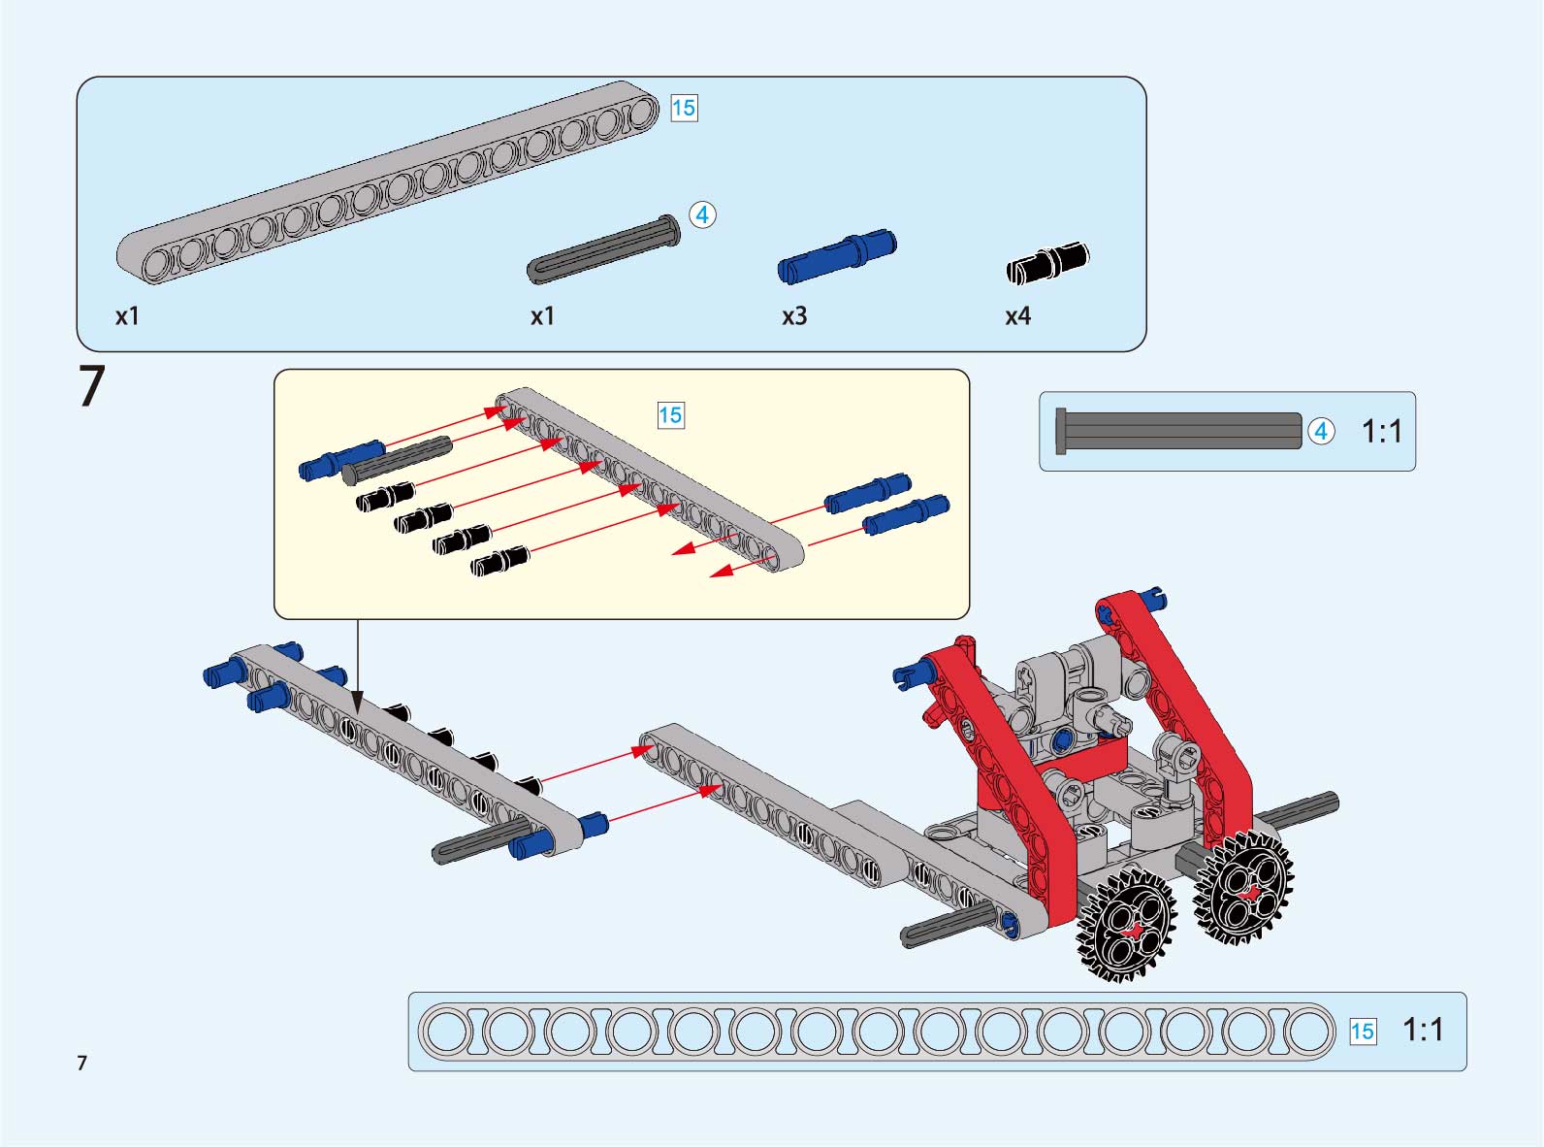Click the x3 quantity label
pos(794,316)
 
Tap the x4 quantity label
pos(1017,316)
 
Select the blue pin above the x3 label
pos(837,256)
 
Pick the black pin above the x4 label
pos(1047,263)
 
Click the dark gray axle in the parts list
pos(603,248)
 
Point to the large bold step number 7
pos(91,386)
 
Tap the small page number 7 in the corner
pos(82,1062)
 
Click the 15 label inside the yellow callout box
pos(670,415)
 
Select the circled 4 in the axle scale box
pos(1321,432)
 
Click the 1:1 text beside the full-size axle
pos(1382,432)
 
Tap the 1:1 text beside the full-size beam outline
pos(1423,1030)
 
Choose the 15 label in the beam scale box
pos(1363,1032)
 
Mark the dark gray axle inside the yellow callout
pos(397,460)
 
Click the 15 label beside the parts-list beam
pos(684,108)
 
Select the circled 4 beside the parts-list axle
pos(702,214)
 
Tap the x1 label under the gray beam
pos(127,316)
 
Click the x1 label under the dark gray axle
pos(542,316)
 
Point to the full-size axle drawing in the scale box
pos(1178,432)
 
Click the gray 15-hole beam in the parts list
pos(387,182)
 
